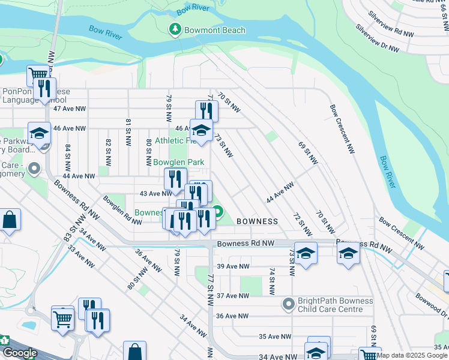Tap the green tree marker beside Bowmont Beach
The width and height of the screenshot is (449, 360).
tap(175, 29)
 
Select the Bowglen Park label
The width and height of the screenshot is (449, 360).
tap(179, 163)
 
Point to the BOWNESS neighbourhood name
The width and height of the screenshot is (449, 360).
tap(257, 221)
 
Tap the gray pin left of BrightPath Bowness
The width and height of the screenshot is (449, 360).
tap(289, 305)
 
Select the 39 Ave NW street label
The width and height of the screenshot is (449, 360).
tap(233, 266)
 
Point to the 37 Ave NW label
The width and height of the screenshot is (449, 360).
tap(233, 296)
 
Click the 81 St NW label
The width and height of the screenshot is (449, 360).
tap(128, 133)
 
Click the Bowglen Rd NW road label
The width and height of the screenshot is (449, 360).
tap(122, 209)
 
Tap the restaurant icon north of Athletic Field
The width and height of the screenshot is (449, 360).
tap(206, 111)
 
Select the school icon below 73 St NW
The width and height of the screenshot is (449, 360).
tap(306, 254)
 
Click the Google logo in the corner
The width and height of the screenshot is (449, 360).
tap(19, 353)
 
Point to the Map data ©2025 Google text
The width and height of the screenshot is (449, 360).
tap(412, 355)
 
